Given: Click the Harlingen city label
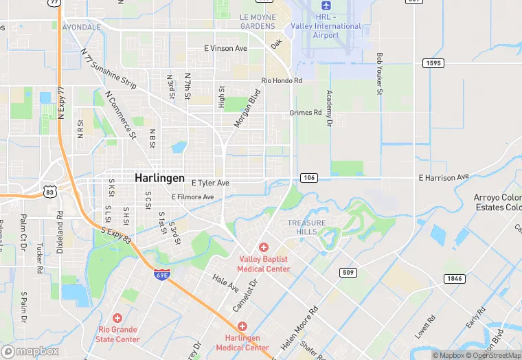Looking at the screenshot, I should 159,177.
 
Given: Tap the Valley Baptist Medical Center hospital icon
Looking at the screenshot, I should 263,247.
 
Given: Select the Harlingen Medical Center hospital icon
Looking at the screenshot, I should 242,326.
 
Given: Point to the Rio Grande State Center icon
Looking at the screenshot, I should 117,319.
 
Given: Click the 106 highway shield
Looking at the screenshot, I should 308,178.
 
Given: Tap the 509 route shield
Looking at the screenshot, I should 348,273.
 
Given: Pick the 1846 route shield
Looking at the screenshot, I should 453,278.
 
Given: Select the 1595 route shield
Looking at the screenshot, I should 433,63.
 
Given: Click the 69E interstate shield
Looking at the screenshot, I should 161,275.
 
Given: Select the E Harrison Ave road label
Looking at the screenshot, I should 444,178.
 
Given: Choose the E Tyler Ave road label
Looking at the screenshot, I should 210,183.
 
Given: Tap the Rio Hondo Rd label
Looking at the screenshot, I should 282,80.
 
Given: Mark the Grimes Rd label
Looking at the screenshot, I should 305,113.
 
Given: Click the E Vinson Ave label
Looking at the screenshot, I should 225,49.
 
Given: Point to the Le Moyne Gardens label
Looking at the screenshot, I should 258,21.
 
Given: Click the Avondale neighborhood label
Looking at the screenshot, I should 81,27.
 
